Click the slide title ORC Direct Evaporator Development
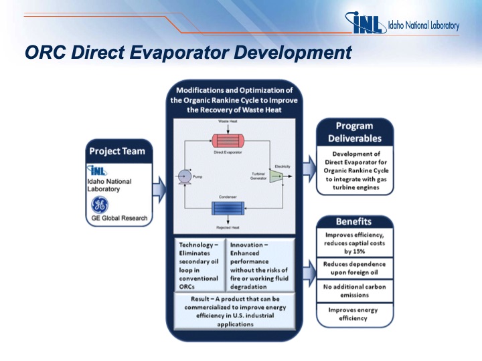pyautogui.click(x=187, y=52)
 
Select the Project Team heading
pyautogui.click(x=116, y=151)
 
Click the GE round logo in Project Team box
pyautogui.click(x=100, y=205)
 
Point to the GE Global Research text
pyautogui.click(x=118, y=219)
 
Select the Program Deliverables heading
pyautogui.click(x=354, y=132)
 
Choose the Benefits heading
pyautogui.click(x=353, y=221)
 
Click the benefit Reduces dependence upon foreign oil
pyautogui.click(x=353, y=268)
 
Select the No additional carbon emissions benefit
pyautogui.click(x=353, y=291)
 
